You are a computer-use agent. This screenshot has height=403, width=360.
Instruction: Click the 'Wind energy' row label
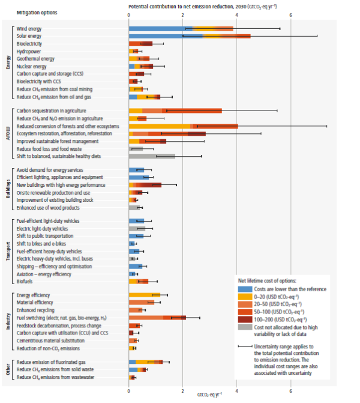(x=29, y=28)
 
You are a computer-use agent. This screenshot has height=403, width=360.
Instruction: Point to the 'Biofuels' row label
(x=25, y=280)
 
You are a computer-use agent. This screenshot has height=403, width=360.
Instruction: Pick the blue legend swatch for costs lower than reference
(x=243, y=289)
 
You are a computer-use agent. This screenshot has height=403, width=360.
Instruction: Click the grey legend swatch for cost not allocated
(x=243, y=329)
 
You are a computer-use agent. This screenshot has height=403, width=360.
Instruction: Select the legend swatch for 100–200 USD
(x=243, y=319)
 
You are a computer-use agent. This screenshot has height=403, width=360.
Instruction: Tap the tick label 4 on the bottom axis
(x=236, y=389)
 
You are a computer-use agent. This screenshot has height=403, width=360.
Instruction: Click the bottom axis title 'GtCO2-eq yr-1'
(x=209, y=395)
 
